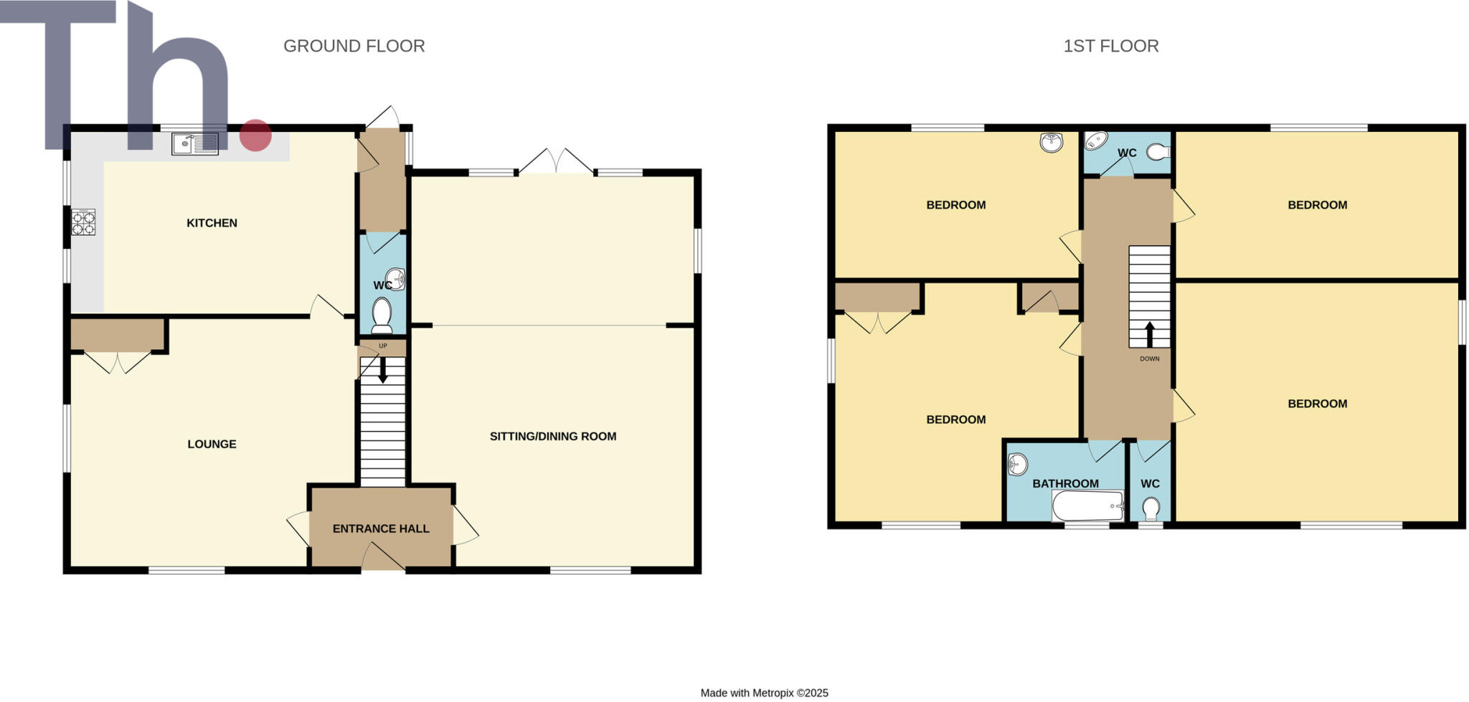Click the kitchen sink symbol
(194, 144)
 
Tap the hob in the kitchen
(83, 222)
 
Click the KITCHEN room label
(212, 223)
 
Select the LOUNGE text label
(212, 444)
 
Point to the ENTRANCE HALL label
(381, 528)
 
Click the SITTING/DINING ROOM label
(552, 436)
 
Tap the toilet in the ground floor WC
(382, 316)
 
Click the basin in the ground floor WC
(395, 278)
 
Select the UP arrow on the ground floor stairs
(383, 369)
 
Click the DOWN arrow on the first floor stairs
(1149, 334)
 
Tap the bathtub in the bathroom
(1087, 506)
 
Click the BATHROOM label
(1065, 483)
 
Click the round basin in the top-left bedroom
(1051, 143)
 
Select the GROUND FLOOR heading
(354, 46)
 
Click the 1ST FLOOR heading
(1110, 46)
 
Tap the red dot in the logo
(255, 136)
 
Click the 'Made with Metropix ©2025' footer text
(764, 693)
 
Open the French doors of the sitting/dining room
(556, 163)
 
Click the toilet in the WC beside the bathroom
(1151, 508)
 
